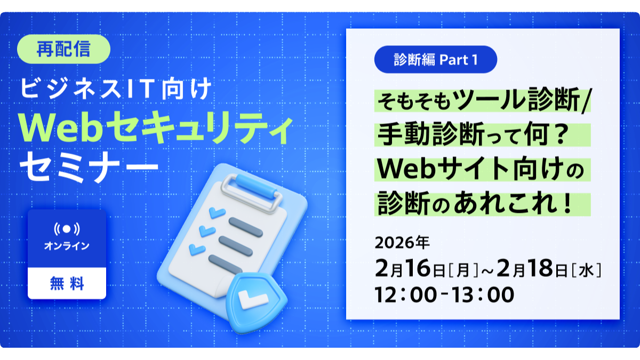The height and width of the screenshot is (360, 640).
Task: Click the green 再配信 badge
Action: (x=63, y=49)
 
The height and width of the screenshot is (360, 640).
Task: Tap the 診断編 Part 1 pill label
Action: (x=436, y=59)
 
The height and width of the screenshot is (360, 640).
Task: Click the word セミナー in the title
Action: (x=89, y=166)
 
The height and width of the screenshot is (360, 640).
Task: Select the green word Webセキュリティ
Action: (x=156, y=127)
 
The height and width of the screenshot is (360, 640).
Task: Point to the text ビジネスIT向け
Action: (x=116, y=89)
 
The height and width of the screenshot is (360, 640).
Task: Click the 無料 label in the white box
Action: (x=67, y=283)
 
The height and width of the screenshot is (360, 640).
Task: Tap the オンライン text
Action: (x=67, y=246)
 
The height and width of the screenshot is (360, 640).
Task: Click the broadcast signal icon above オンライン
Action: (x=67, y=229)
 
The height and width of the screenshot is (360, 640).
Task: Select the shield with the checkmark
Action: (x=256, y=303)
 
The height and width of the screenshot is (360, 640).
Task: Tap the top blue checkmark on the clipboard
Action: (x=217, y=213)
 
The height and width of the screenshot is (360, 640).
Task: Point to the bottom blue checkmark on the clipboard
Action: (x=197, y=249)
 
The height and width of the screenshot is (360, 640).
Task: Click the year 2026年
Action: (x=402, y=243)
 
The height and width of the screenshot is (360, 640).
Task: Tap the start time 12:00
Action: (x=406, y=294)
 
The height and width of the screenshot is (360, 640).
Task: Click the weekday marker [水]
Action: (x=586, y=270)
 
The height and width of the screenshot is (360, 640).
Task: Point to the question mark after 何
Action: (x=559, y=134)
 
